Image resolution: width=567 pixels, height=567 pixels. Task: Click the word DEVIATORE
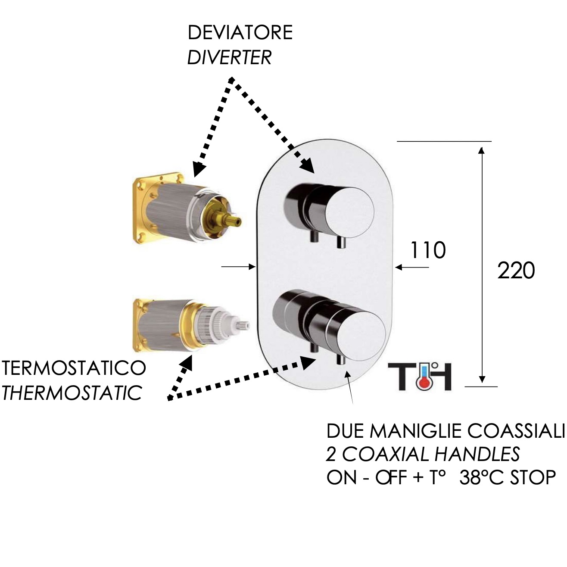coord(240,33)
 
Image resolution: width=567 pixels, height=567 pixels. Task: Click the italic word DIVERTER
coord(229,57)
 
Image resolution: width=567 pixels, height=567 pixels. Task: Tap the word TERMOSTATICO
coord(74,369)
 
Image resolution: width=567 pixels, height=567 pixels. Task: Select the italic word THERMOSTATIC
coord(72,393)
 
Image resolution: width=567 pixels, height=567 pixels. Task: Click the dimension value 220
coord(516,271)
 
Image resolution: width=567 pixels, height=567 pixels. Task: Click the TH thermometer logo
coord(420,376)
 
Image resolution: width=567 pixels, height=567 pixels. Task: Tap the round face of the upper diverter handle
coord(349,211)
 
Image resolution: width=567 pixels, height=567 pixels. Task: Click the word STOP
coord(531,477)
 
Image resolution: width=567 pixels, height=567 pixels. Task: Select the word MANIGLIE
coord(416,430)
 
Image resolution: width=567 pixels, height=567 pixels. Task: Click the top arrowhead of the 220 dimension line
coord(482,151)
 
